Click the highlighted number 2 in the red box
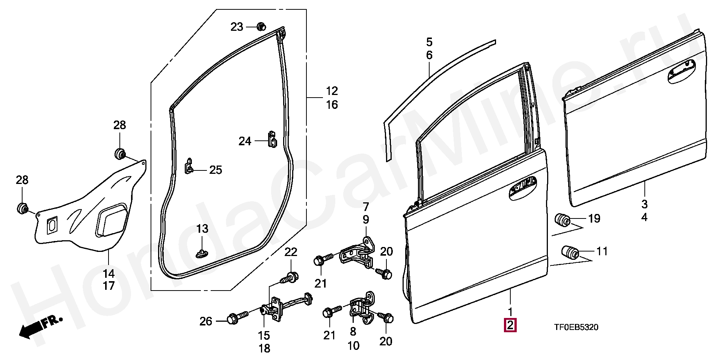[510, 326]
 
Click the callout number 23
[237, 27]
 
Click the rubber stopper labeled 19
[563, 219]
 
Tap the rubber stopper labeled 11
[570, 252]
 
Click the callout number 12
[332, 91]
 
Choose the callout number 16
[332, 104]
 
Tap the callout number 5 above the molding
[429, 41]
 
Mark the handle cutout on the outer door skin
[684, 71]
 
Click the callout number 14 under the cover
[109, 273]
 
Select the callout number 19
[594, 218]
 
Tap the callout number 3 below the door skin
[644, 205]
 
